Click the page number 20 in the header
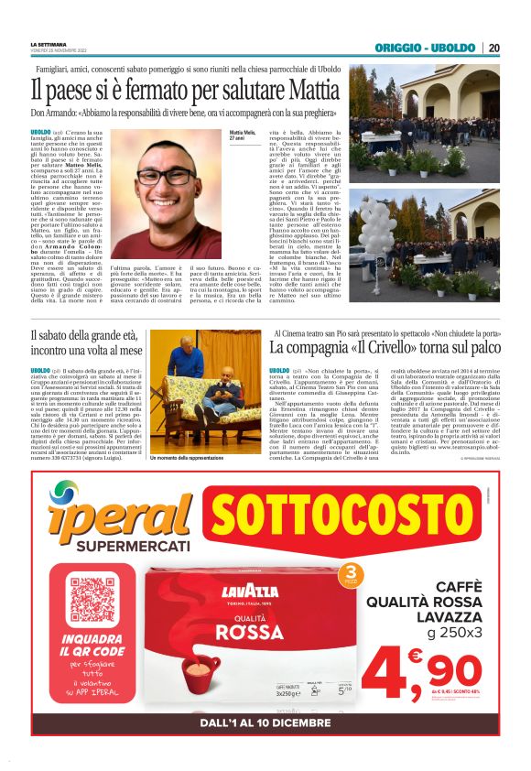click(x=494, y=48)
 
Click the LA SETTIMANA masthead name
click(x=49, y=44)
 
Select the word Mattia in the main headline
click(x=315, y=91)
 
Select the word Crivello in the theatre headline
click(x=385, y=349)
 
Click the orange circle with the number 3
click(x=349, y=578)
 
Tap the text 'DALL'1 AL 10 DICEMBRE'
click(x=265, y=722)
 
